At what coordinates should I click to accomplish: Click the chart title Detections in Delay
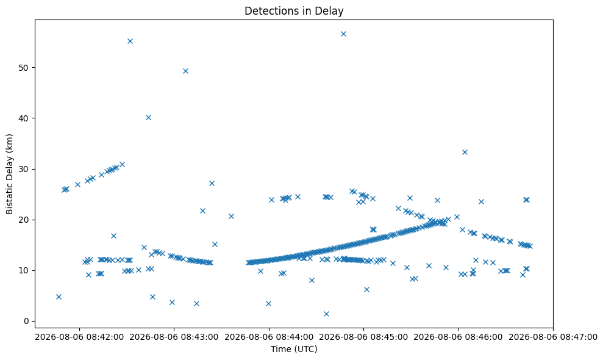click(294, 11)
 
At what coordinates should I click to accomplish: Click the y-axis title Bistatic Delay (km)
click(10, 174)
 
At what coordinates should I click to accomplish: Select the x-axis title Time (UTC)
click(294, 349)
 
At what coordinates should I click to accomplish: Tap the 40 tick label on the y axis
click(24, 118)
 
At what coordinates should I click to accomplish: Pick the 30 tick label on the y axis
click(24, 169)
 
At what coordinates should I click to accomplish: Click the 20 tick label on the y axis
click(24, 220)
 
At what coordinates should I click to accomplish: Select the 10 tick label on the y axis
click(24, 270)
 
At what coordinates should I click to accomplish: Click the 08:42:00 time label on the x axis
click(80, 337)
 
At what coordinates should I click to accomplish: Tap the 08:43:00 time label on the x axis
click(174, 337)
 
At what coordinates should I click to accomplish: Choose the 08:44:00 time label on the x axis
click(269, 337)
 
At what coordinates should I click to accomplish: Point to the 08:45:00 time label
click(363, 337)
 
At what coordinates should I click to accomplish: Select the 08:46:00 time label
click(458, 337)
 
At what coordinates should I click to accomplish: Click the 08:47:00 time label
click(553, 337)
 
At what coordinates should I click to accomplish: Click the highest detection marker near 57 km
click(343, 34)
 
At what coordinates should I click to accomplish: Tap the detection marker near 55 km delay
click(130, 41)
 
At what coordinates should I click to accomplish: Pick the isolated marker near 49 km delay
click(185, 71)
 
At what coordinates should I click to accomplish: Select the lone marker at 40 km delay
click(148, 117)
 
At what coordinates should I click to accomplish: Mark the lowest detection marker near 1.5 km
click(326, 314)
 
